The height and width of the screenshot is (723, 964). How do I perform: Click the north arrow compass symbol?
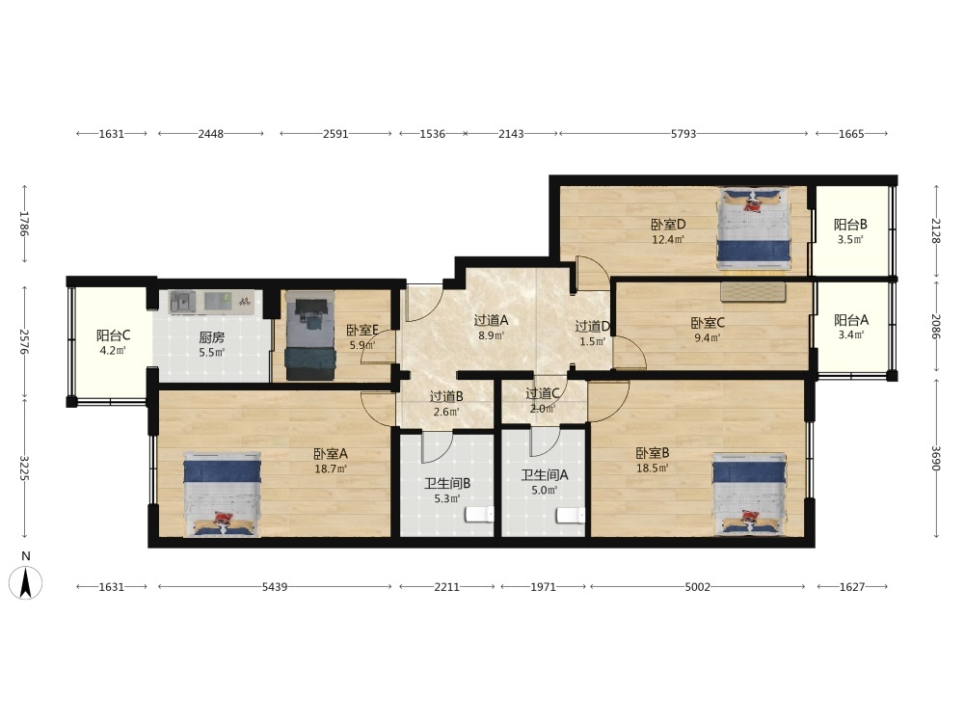[25, 581]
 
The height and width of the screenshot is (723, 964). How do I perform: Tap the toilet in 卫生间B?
[479, 514]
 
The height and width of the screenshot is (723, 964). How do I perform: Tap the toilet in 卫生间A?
[571, 515]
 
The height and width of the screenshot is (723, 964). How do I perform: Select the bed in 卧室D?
[754, 228]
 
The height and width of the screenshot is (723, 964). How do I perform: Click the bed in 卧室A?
[222, 495]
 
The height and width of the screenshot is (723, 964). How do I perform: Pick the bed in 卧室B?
[749, 495]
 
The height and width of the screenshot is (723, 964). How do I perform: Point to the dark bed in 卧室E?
[309, 335]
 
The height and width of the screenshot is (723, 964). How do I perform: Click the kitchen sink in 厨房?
[182, 302]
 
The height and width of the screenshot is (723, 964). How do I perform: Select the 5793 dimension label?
[683, 133]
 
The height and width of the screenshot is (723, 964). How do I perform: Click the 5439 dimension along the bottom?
[275, 586]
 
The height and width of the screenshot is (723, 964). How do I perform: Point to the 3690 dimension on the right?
[936, 458]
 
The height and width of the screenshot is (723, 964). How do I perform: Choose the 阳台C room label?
[113, 335]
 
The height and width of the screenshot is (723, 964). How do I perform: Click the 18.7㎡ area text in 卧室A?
[331, 469]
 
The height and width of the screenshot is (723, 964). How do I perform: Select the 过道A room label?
[491, 320]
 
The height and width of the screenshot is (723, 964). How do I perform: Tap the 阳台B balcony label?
[850, 225]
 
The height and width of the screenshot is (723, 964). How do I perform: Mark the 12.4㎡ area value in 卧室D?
[668, 240]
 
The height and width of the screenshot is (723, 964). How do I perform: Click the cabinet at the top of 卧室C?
[753, 291]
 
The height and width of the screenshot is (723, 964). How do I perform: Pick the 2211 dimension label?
[447, 586]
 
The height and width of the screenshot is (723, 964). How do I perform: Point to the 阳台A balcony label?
[851, 320]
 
